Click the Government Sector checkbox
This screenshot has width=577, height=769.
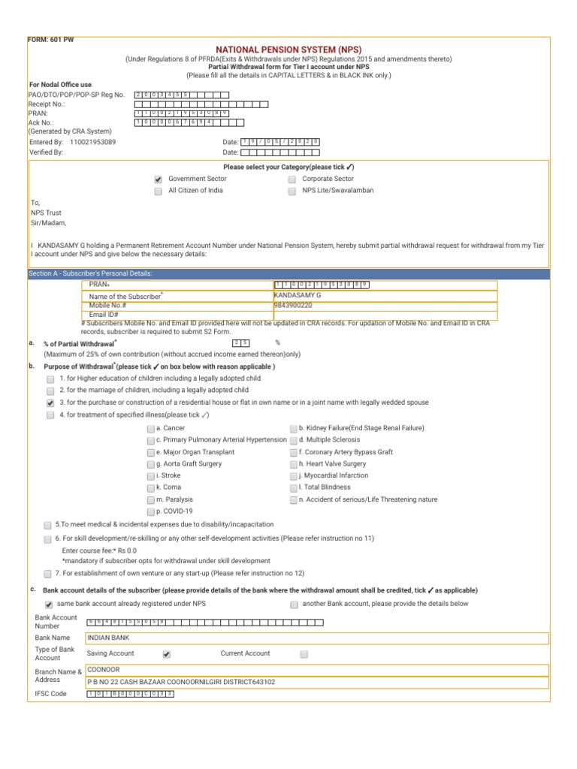(158, 179)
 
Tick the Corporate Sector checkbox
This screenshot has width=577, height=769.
(292, 179)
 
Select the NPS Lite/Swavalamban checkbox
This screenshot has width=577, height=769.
(292, 191)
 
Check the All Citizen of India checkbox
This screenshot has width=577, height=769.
(158, 191)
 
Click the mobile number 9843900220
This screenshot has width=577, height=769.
(293, 306)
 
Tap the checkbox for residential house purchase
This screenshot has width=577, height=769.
(50, 403)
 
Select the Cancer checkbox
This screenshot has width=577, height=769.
(151, 428)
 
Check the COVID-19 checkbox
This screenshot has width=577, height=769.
(151, 511)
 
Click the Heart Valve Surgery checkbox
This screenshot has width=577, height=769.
(294, 464)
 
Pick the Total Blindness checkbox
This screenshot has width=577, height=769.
(294, 487)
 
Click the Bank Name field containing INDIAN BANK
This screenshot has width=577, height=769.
(316, 638)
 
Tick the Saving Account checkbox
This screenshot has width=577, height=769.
(167, 654)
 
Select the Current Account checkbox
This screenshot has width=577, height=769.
(304, 654)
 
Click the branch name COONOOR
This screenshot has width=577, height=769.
(104, 669)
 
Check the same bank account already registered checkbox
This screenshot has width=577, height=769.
(49, 604)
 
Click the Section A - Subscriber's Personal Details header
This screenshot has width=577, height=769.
(90, 273)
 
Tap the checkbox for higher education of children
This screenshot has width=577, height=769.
(50, 379)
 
